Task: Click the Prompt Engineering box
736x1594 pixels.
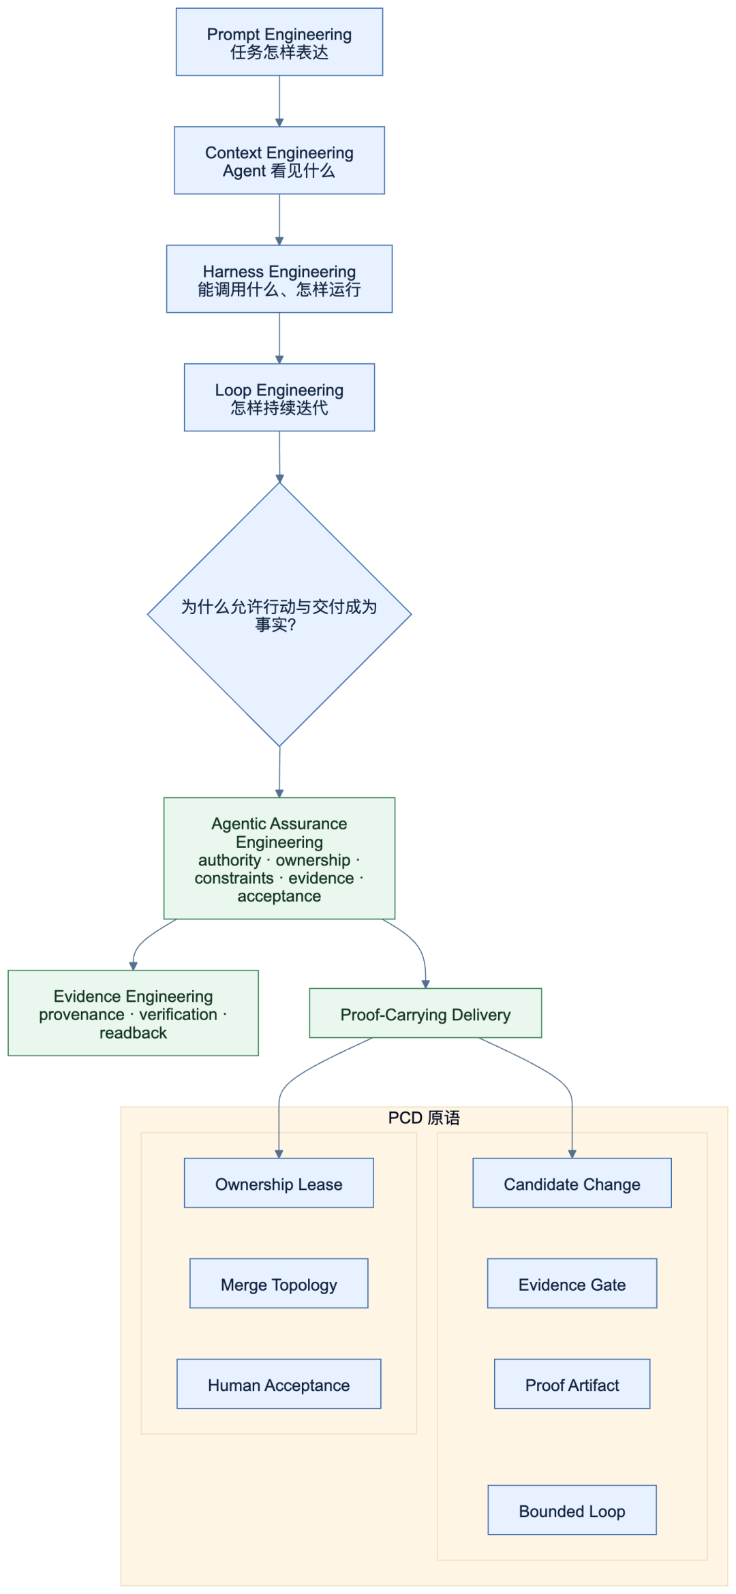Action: (x=279, y=42)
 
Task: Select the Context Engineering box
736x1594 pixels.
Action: (x=279, y=161)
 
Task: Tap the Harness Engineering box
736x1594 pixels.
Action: (x=279, y=279)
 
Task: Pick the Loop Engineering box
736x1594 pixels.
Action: (x=279, y=398)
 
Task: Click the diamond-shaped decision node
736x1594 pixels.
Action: (x=279, y=615)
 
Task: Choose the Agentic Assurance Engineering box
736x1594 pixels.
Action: (x=279, y=859)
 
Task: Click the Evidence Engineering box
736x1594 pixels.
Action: (x=134, y=1013)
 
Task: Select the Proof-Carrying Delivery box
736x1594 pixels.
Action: (x=426, y=1013)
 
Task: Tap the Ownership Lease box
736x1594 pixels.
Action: (x=279, y=1183)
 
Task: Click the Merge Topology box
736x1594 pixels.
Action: (x=279, y=1284)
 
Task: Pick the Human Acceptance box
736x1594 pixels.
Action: (x=279, y=1384)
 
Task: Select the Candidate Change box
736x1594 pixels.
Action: (x=572, y=1183)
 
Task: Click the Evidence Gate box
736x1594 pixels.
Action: (x=572, y=1284)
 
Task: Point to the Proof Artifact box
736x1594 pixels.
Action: (x=572, y=1384)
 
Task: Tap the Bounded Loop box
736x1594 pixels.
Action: (x=572, y=1510)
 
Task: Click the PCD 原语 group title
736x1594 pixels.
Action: (x=424, y=1118)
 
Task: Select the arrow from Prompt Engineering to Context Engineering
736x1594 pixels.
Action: (x=279, y=101)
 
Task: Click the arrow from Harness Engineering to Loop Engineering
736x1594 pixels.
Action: (x=279, y=338)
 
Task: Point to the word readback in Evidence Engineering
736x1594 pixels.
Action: (x=134, y=1033)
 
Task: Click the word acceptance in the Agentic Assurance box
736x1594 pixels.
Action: (x=279, y=896)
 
